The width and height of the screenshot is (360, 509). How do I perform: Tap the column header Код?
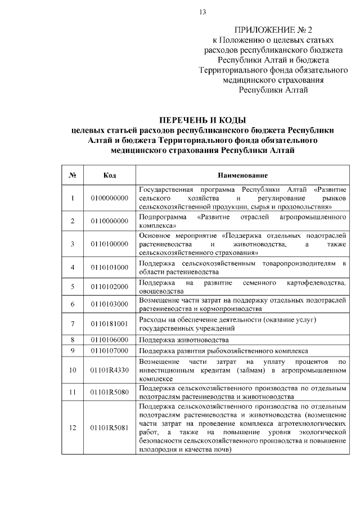(110, 175)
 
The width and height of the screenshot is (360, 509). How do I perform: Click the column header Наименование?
(242, 175)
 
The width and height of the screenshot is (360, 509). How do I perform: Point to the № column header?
(73, 175)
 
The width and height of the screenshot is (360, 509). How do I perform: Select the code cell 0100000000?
(110, 199)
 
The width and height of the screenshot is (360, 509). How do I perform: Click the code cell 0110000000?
(110, 221)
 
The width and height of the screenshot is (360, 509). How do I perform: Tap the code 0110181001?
(110, 325)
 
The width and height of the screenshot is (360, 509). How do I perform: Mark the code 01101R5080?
(110, 392)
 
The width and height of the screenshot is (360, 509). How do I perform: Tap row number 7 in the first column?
(73, 325)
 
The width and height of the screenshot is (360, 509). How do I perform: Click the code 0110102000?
(110, 287)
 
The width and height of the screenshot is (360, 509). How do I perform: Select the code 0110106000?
(110, 340)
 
